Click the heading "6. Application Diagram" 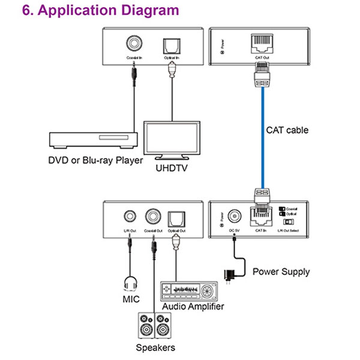coord(100,11)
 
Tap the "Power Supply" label coord(281,272)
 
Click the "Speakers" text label coord(155,348)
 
